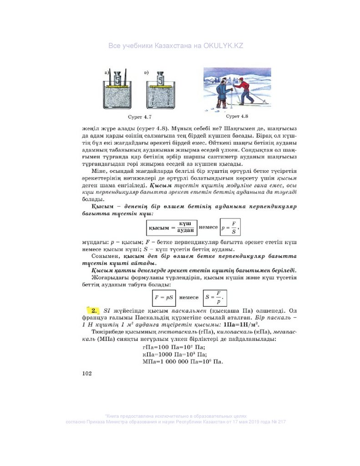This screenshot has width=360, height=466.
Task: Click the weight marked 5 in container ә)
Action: click(160, 79)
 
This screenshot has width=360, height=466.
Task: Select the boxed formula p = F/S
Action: click(229, 226)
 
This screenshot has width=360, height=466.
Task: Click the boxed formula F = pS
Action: click(164, 297)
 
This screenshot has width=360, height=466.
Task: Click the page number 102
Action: click(86, 373)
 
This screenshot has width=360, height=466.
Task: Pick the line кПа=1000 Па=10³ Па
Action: click(175, 354)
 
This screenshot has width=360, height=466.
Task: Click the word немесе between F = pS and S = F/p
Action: click(189, 297)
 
